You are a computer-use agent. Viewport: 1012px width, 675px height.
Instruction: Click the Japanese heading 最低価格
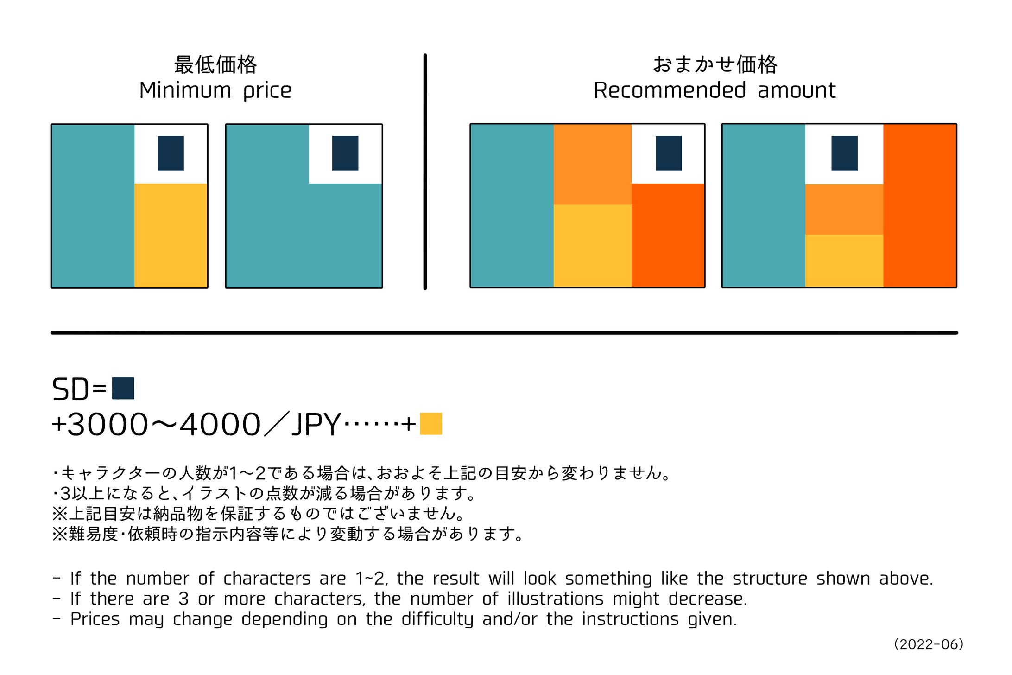pos(215,65)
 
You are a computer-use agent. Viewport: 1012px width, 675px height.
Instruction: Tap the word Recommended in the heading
pos(670,90)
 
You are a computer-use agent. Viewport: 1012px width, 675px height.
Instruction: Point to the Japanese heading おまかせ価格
pos(715,65)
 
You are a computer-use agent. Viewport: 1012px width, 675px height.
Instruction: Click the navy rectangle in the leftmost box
pos(171,153)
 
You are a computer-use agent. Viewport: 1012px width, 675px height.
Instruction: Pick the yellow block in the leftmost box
pos(171,235)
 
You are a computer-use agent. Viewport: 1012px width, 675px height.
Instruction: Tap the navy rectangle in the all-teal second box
pos(345,153)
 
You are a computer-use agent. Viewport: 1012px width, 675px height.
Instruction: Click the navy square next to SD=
pos(123,388)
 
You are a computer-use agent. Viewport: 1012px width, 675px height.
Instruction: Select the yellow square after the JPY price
pos(431,424)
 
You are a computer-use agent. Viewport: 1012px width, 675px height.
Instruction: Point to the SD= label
pos(79,389)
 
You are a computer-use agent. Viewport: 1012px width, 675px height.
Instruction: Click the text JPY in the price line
pos(316,425)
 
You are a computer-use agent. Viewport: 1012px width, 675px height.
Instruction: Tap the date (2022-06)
pos(929,644)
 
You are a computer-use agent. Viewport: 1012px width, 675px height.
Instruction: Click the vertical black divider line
pos(425,172)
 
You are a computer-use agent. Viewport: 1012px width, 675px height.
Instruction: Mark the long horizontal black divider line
pos(504,333)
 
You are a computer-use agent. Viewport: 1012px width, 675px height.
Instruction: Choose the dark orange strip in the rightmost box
pos(920,206)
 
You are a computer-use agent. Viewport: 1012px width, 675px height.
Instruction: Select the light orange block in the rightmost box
pos(844,209)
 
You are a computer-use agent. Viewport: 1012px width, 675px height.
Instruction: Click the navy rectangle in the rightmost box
pos(844,153)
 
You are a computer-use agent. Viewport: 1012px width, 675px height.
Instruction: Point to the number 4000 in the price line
pos(220,425)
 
